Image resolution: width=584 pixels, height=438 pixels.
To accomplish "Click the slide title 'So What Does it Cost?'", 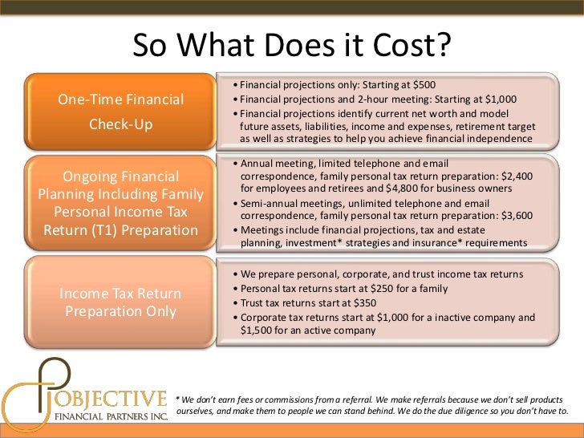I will (x=292, y=46).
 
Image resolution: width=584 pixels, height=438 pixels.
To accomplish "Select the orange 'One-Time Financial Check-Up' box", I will (x=120, y=113).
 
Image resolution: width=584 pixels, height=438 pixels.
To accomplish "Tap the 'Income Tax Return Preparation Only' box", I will (x=120, y=302).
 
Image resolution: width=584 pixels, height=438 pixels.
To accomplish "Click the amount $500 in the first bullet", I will (x=422, y=86).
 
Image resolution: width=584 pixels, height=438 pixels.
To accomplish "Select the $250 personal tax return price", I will (x=394, y=288).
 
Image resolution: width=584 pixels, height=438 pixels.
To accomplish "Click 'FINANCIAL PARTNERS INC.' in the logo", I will (x=110, y=417).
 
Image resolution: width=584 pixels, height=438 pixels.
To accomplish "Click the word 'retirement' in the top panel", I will (x=472, y=125).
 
